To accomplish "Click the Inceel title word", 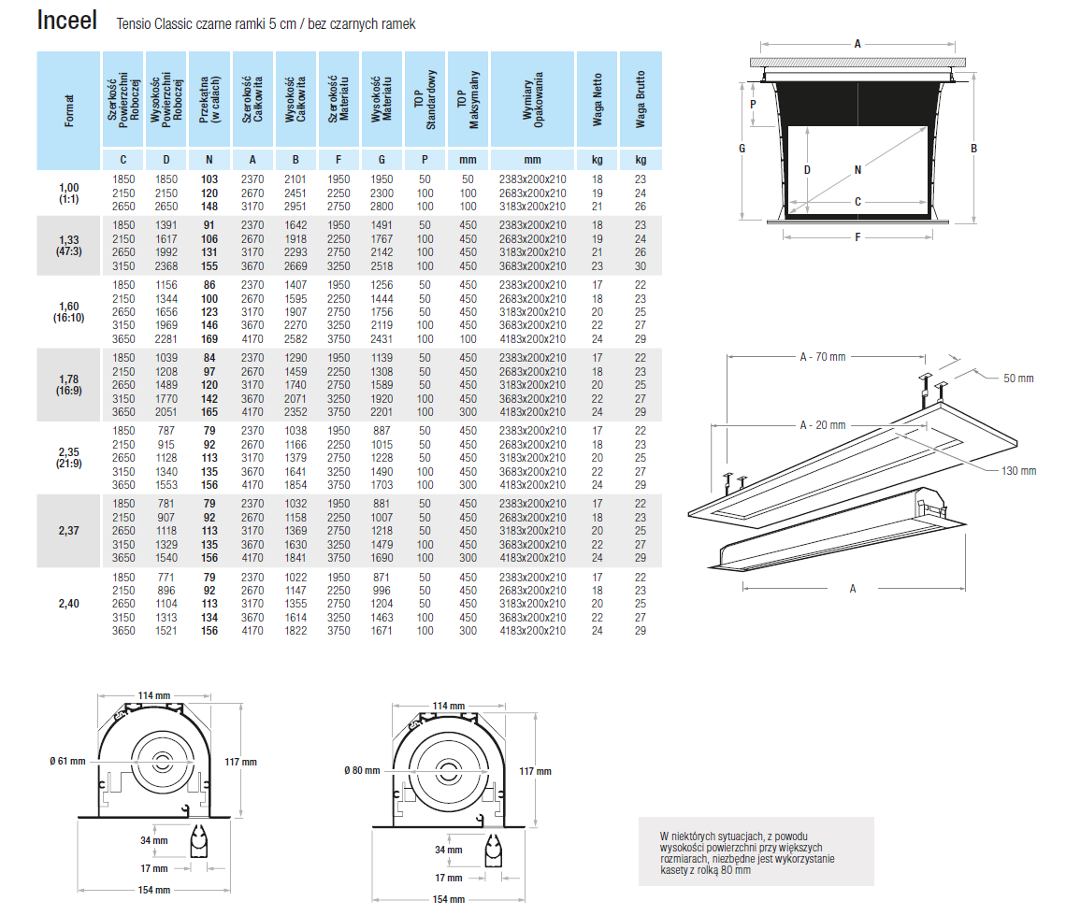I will coord(67,21).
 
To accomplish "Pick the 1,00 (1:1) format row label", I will coord(68,193).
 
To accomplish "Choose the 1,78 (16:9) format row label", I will coord(68,384).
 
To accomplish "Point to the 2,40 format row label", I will coord(68,604).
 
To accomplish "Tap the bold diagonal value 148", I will coord(209,207).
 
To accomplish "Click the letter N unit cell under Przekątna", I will coord(209,159).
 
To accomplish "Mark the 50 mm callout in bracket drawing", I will coord(1018,378).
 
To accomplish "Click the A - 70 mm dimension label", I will coord(823,356).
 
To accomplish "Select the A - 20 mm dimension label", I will coord(823,424).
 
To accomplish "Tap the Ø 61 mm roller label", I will coord(66,761).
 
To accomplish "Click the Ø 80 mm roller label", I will coord(362,770).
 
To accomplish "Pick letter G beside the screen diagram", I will coord(741,148).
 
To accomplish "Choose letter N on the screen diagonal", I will coord(857,170).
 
